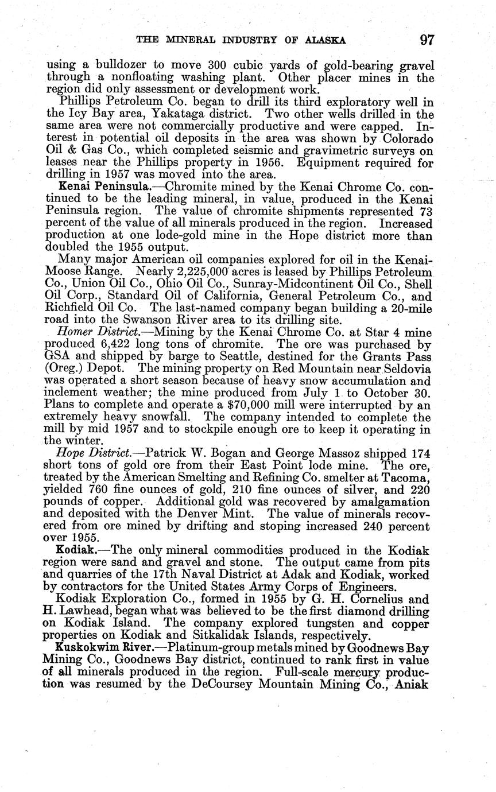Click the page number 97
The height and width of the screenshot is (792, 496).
427,40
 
